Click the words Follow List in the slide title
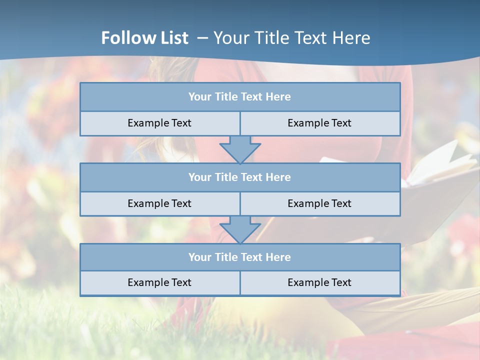pyautogui.click(x=145, y=38)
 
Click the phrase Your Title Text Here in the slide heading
pyautogui.click(x=292, y=38)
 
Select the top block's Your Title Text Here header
pyautogui.click(x=239, y=97)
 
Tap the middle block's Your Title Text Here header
pyautogui.click(x=239, y=177)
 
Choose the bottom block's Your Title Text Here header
pyautogui.click(x=239, y=257)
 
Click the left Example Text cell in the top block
pyautogui.click(x=159, y=123)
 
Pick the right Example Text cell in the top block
pyautogui.click(x=319, y=123)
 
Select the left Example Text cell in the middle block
pyautogui.click(x=159, y=203)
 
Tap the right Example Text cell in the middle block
pyautogui.click(x=319, y=203)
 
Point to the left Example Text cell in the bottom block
pyautogui.click(x=159, y=282)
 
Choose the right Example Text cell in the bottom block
pyautogui.click(x=319, y=282)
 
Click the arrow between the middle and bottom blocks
pyautogui.click(x=240, y=229)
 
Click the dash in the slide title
pyautogui.click(x=202, y=38)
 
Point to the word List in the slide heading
pyautogui.click(x=174, y=38)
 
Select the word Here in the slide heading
pyautogui.click(x=352, y=38)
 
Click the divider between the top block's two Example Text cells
pyautogui.click(x=240, y=123)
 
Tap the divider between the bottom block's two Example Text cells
pyautogui.click(x=240, y=282)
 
